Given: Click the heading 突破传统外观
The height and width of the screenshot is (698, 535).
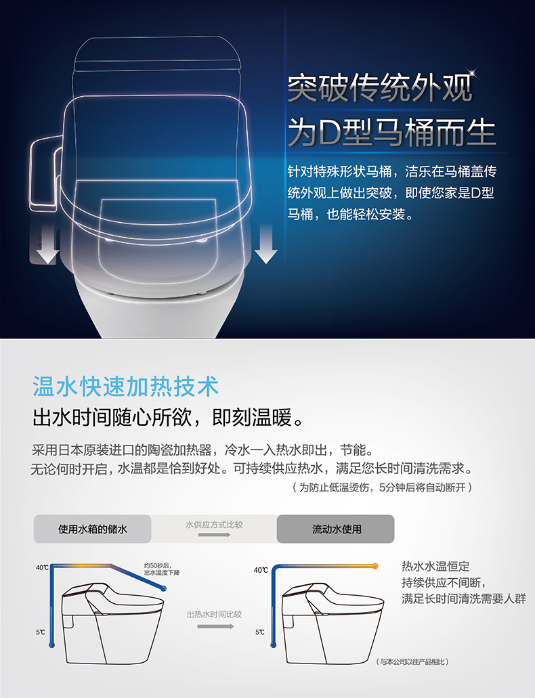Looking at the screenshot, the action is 380,88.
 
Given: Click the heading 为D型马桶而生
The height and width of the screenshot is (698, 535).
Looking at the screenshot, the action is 391,132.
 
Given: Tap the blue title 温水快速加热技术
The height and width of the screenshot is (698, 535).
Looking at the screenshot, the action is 125,386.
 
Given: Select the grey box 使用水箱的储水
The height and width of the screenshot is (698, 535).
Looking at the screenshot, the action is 93,529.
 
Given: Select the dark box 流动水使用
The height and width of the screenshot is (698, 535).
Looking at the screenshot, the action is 335,529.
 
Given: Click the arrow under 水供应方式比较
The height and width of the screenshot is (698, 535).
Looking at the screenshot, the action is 214,534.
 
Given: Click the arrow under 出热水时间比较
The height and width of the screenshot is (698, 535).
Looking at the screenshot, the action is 215,626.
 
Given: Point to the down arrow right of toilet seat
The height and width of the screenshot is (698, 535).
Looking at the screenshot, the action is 266,244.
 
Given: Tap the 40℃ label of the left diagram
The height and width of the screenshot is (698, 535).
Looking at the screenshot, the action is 42,567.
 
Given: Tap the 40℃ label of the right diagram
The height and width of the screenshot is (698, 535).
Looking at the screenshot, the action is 261,570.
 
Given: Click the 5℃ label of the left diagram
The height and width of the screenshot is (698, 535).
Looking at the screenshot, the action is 40,632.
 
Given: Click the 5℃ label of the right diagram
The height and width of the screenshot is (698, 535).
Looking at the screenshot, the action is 259,632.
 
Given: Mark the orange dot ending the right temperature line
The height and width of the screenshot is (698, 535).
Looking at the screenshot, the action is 376,566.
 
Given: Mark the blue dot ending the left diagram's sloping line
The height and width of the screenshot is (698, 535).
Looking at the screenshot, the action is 164,588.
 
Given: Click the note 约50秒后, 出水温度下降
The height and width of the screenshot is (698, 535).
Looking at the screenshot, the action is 162,569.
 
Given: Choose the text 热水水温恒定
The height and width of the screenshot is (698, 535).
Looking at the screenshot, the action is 435,566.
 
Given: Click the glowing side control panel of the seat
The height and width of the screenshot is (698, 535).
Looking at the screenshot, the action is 45,173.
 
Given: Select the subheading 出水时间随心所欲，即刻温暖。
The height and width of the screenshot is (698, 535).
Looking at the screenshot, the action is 169,417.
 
